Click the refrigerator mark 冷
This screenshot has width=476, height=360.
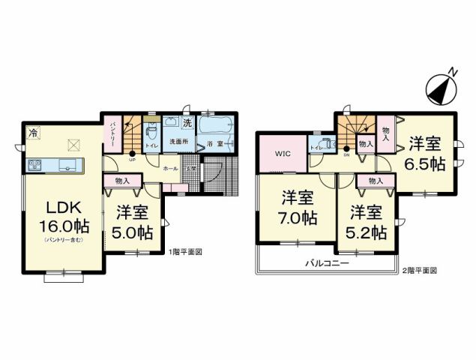[x=32, y=133]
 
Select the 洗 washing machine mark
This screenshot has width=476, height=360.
[x=188, y=122]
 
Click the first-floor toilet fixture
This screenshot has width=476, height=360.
[x=151, y=130]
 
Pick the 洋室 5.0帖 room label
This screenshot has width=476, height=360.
[x=133, y=221]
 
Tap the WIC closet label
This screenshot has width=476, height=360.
[x=282, y=153]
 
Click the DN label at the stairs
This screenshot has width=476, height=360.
[x=346, y=156]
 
